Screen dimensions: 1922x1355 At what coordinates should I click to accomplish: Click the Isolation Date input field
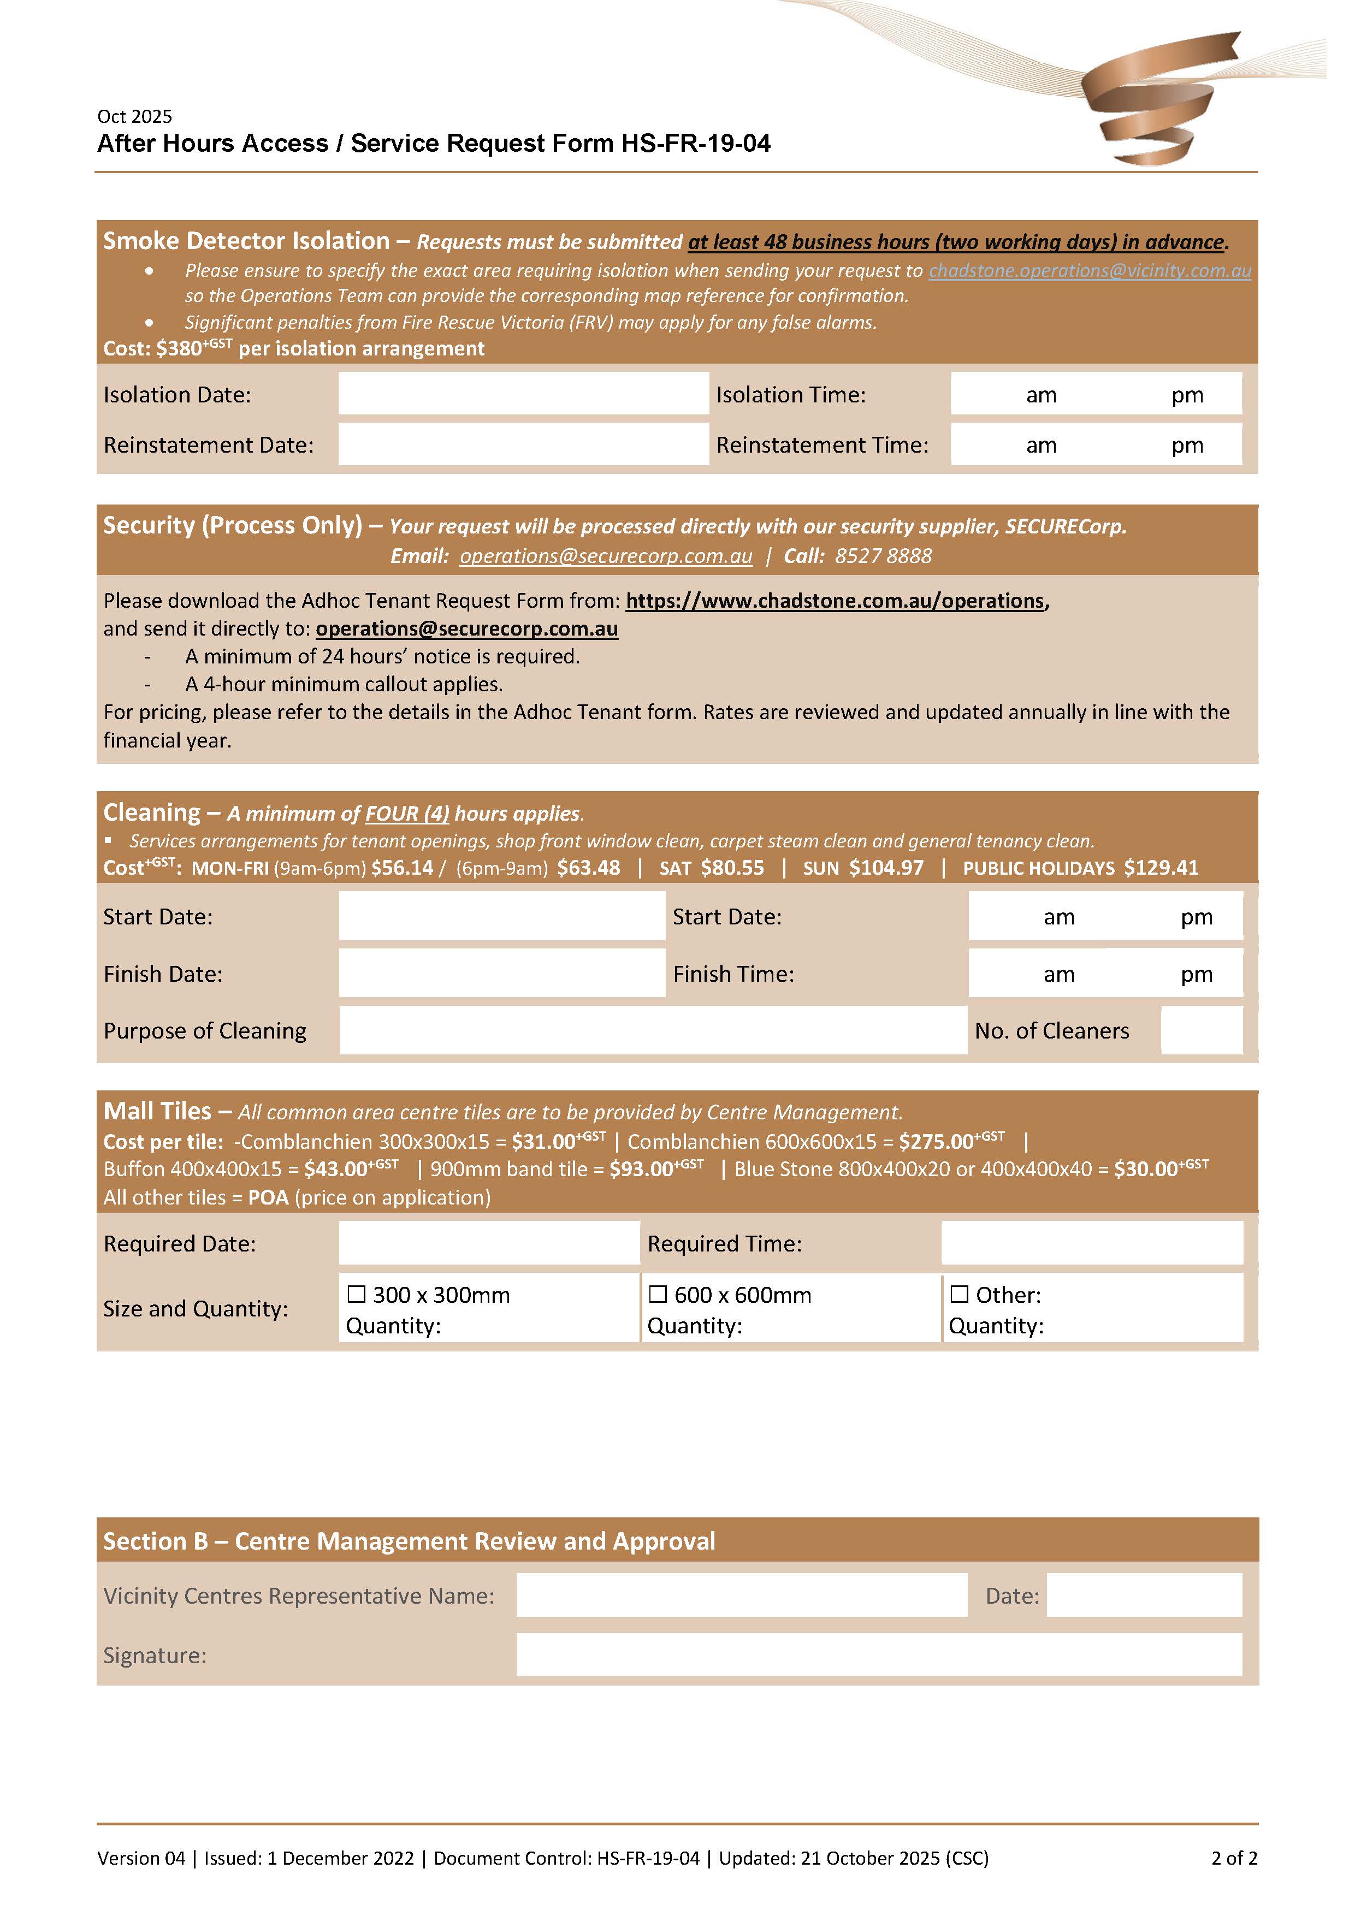click(523, 394)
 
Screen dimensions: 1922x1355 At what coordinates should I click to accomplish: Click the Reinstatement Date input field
click(523, 444)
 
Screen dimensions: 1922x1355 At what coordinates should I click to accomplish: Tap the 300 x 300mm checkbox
click(357, 1294)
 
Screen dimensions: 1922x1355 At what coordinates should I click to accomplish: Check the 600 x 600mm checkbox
click(658, 1294)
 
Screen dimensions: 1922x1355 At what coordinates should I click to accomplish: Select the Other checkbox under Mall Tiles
click(960, 1294)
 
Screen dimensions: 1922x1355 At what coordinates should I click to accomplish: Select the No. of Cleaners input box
click(1201, 1030)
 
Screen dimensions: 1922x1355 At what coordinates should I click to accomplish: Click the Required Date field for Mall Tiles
click(489, 1243)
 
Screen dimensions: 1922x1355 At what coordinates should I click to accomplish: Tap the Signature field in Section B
click(879, 1655)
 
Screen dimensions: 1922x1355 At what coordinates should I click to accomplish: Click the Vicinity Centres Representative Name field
click(741, 1595)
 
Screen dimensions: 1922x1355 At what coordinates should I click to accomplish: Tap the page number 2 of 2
click(1234, 1858)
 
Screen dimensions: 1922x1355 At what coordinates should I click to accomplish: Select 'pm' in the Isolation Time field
click(1187, 395)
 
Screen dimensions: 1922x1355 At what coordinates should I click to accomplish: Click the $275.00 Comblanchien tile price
click(936, 1141)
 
